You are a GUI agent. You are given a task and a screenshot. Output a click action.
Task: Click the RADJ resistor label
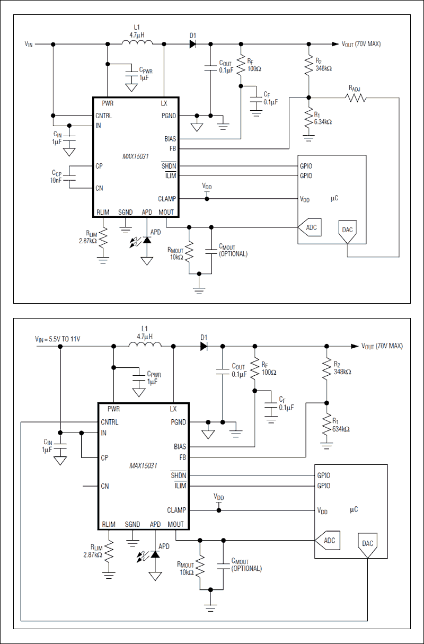click(355, 89)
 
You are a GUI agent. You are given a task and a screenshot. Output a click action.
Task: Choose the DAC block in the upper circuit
click(348, 230)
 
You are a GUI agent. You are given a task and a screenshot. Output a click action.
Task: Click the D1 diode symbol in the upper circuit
click(194, 44)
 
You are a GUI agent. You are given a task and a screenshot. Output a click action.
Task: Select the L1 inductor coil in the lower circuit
click(145, 346)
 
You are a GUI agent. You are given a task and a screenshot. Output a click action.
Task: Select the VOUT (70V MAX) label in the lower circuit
click(382, 346)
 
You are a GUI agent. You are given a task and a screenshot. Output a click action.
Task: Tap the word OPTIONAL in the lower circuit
click(246, 568)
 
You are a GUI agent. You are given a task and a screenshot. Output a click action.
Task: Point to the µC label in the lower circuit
click(354, 509)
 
